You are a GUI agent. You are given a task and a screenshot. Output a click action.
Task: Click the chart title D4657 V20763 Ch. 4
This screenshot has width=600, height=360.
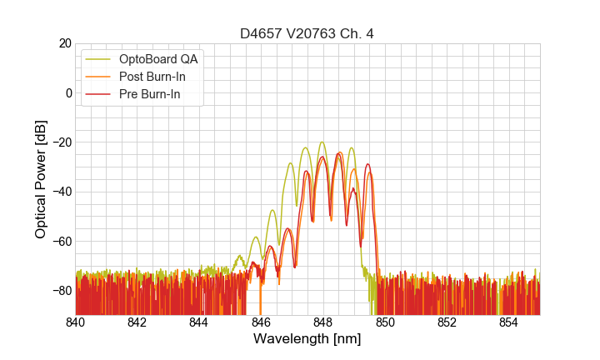[x=307, y=33]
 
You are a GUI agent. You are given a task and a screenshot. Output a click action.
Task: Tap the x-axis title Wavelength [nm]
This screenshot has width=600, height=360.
[x=307, y=339]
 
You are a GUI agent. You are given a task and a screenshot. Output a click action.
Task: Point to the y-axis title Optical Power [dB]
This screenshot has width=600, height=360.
[x=41, y=179]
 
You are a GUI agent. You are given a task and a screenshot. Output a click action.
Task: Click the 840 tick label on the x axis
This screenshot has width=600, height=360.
[x=76, y=322]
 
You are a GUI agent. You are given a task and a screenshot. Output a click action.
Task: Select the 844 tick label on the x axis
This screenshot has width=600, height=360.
[x=199, y=322]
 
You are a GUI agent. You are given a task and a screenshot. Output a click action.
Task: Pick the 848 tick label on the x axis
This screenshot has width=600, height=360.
[x=323, y=322]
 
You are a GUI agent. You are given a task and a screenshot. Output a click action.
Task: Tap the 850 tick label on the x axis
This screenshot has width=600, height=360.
[x=385, y=322]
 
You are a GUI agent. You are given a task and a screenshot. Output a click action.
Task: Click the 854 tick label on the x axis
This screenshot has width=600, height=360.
[x=508, y=322]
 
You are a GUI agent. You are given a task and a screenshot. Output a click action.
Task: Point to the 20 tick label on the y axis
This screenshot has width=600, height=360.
[x=64, y=43]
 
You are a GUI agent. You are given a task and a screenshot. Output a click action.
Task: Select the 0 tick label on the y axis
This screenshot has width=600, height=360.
[x=68, y=92]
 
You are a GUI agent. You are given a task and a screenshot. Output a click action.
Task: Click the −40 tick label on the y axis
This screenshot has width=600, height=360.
[x=60, y=192]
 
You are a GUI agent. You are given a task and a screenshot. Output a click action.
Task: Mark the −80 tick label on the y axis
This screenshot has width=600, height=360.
[x=60, y=291]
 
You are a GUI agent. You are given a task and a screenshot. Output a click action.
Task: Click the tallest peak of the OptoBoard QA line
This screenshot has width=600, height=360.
[x=322, y=142]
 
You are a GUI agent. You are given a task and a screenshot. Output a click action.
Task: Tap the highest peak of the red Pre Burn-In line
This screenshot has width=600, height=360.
[x=339, y=154]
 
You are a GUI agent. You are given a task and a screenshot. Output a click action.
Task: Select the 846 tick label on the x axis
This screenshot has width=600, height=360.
[x=262, y=322]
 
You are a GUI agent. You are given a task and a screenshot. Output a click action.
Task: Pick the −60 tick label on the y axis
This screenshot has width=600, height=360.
[x=60, y=242]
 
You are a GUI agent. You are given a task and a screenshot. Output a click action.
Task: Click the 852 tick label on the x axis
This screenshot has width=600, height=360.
[x=447, y=322]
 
